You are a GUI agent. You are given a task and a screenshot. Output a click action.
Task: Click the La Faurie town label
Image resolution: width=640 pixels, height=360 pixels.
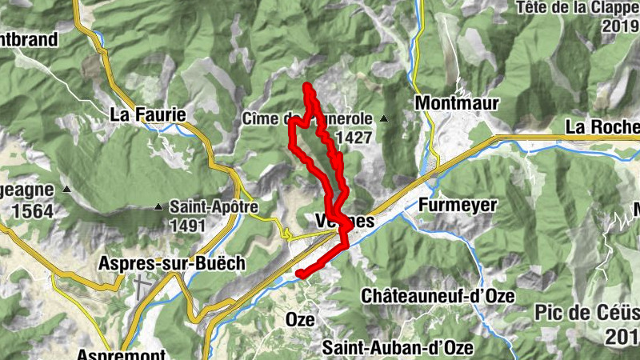pyautogui.click(x=148, y=114)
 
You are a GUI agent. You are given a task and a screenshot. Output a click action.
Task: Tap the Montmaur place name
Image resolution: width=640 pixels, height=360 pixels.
pyautogui.click(x=457, y=103)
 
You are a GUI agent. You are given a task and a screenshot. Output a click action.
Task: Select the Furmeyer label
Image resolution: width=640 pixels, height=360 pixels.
pyautogui.click(x=457, y=206)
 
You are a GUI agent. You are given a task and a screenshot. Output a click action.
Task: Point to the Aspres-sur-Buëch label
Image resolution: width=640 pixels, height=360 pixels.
pyautogui.click(x=159, y=263)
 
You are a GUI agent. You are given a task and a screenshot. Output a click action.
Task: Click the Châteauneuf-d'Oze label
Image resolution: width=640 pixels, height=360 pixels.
pyautogui.click(x=437, y=296)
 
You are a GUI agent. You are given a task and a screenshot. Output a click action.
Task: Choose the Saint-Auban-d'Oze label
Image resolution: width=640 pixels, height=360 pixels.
pyautogui.click(x=398, y=348)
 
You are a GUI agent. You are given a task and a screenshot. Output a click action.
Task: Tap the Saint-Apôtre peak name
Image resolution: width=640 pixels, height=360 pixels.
pyautogui.click(x=214, y=206)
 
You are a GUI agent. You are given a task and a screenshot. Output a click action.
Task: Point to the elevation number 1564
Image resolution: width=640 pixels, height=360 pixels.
pyautogui.click(x=26, y=211)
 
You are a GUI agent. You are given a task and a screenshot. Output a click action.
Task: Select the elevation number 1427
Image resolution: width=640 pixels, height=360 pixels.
pyautogui.click(x=355, y=138)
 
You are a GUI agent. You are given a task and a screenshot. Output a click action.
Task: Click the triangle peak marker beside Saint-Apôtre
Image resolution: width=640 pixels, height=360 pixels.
pyautogui.click(x=158, y=207)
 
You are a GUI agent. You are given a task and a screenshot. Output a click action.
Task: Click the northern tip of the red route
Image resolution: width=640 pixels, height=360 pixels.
pyautogui.click(x=307, y=85)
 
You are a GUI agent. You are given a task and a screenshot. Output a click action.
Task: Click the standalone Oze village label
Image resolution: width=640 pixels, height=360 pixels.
pyautogui.click(x=300, y=319)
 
